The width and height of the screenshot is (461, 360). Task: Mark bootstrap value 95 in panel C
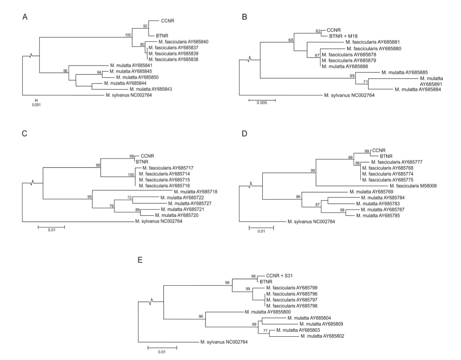coord(90,196)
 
